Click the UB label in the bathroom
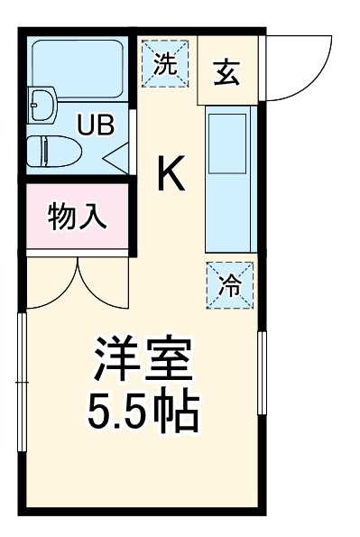point(94,125)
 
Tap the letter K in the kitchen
point(171,174)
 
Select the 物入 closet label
point(78,218)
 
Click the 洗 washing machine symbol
point(164,63)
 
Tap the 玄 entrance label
point(226,73)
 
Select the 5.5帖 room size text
point(143,411)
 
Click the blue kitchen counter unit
point(230,179)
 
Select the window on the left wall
point(23,384)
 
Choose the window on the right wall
point(263,372)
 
